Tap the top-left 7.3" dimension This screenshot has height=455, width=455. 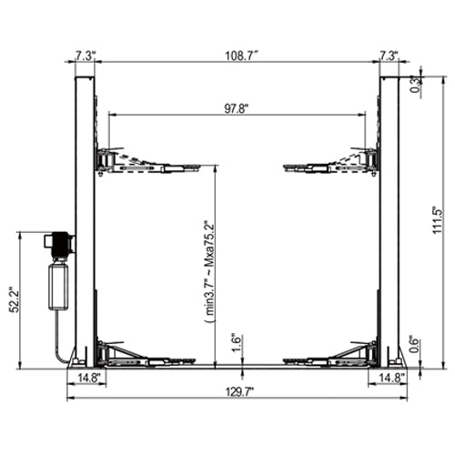[83, 56]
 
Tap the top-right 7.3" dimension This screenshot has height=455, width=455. [389, 56]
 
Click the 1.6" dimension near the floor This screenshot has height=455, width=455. [233, 342]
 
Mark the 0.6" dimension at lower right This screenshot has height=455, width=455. [414, 344]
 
